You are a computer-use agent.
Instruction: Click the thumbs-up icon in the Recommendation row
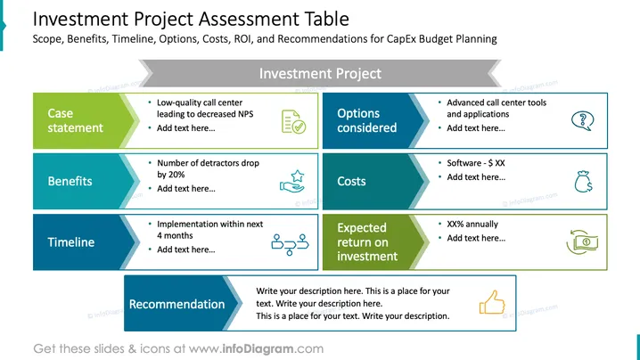pyautogui.click(x=492, y=302)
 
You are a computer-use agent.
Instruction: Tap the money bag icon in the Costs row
pyautogui.click(x=583, y=181)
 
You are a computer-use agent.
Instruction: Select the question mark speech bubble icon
pyautogui.click(x=583, y=121)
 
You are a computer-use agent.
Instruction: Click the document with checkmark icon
pyautogui.click(x=293, y=121)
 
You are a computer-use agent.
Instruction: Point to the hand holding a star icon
pyautogui.click(x=292, y=181)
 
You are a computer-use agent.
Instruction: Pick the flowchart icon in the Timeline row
pyautogui.click(x=291, y=244)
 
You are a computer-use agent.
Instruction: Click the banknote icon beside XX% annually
pyautogui.click(x=582, y=242)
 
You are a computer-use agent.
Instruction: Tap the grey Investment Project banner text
pyautogui.click(x=320, y=73)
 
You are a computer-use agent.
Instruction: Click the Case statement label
pyautogui.click(x=75, y=120)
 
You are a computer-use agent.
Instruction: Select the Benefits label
pyautogui.click(x=70, y=181)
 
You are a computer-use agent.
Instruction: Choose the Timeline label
pyautogui.click(x=71, y=242)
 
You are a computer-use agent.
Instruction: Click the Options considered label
pyautogui.click(x=366, y=120)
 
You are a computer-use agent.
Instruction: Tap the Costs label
pyautogui.click(x=351, y=181)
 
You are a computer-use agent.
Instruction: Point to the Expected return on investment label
pyautogui.click(x=367, y=242)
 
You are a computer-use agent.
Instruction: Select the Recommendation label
pyautogui.click(x=176, y=304)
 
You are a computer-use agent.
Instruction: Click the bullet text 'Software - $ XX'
pyautogui.click(x=476, y=163)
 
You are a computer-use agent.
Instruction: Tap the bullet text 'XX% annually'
pyautogui.click(x=472, y=224)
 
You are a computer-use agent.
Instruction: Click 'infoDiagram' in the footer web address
pyautogui.click(x=258, y=348)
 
